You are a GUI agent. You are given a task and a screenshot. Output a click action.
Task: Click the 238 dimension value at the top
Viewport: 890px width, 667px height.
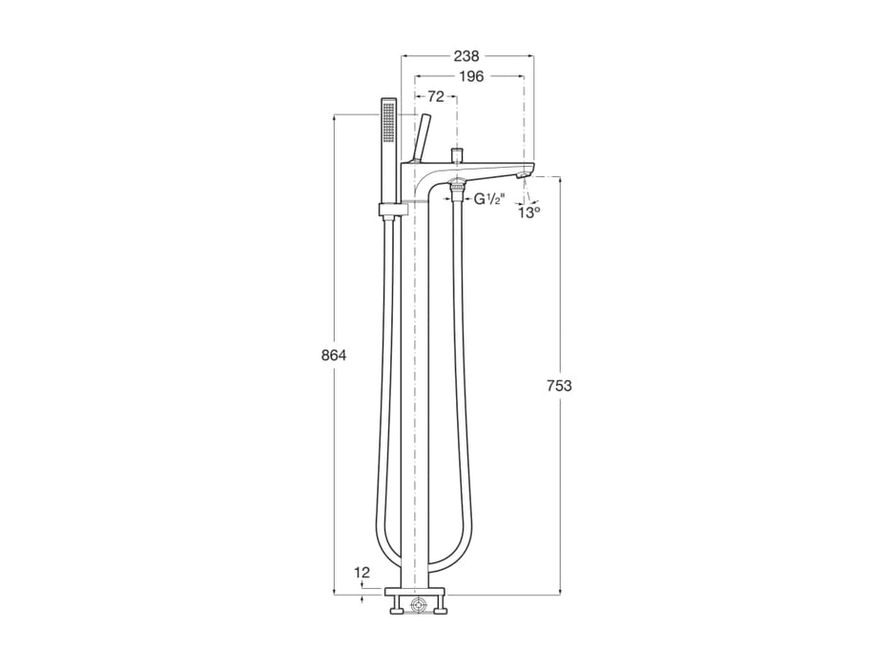tap(466, 56)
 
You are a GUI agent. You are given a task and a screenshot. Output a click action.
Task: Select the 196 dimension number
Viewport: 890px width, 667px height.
tap(470, 76)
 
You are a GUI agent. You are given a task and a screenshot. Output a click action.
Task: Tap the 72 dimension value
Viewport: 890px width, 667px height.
tap(435, 96)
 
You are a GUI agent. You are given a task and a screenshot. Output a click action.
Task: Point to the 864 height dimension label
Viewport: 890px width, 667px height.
tap(333, 355)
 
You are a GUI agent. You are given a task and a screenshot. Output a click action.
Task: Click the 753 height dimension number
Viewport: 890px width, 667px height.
tap(560, 385)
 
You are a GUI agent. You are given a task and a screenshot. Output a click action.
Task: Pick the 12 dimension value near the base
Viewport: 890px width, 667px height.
tap(361, 573)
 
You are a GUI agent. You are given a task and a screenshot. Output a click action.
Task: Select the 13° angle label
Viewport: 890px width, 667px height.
tap(528, 212)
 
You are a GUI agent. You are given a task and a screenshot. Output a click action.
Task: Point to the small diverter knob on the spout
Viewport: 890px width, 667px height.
tap(457, 153)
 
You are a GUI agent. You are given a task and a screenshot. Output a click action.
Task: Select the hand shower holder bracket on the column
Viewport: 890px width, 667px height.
tap(391, 210)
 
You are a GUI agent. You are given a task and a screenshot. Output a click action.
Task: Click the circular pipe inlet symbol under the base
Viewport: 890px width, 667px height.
tap(417, 604)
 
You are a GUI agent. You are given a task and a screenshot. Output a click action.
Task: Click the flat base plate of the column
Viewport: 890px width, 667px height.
tap(417, 594)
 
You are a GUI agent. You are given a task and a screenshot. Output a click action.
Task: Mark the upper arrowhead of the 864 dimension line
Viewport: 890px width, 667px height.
tap(334, 119)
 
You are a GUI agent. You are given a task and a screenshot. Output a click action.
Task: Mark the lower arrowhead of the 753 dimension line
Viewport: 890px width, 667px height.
tap(560, 589)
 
